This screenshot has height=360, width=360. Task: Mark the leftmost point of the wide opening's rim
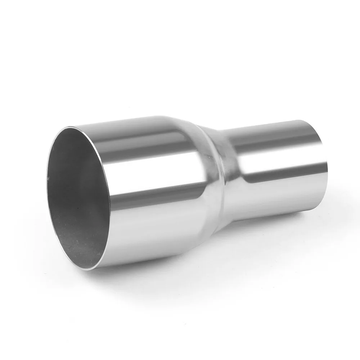click(46, 187)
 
